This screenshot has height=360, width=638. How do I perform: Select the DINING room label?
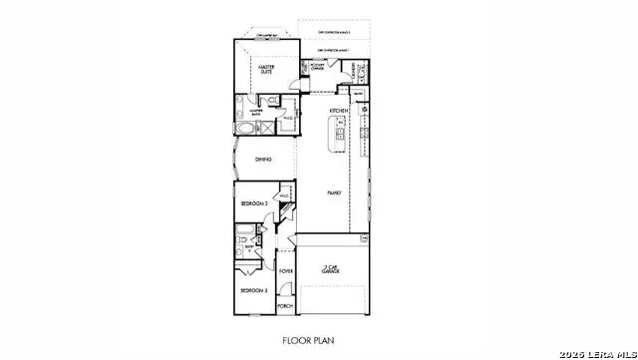pos(263,160)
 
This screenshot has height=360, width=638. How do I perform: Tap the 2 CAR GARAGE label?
pos(333,268)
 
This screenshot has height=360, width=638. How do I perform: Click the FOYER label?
pos(286,270)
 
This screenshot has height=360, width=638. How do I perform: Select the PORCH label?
pos(286,306)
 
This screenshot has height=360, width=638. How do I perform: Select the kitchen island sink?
pos(340,134)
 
